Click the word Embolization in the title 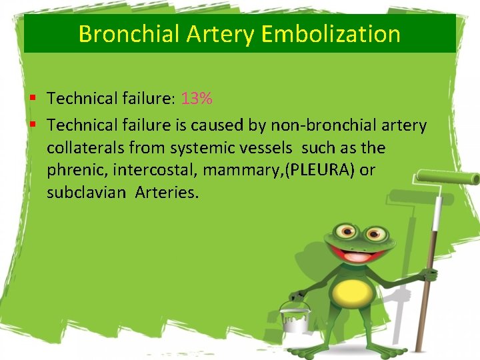331,33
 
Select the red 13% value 197,99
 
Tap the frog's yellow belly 353,291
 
